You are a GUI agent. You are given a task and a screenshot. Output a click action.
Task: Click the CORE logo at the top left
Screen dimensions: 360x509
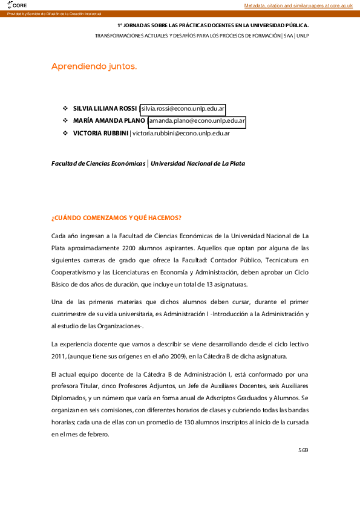16,5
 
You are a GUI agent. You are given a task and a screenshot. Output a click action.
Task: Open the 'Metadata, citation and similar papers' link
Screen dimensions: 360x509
298,5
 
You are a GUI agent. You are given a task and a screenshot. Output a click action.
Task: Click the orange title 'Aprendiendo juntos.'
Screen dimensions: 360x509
94,66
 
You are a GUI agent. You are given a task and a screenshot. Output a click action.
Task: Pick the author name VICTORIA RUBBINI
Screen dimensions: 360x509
100,133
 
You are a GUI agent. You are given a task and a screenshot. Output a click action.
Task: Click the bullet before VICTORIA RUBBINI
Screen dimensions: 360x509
65,133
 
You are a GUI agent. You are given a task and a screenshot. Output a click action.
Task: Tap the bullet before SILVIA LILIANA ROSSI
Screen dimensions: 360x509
65,109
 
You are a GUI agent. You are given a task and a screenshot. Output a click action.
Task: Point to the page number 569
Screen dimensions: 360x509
303,450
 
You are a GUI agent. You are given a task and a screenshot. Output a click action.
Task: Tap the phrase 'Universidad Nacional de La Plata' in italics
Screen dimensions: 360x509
198,163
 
